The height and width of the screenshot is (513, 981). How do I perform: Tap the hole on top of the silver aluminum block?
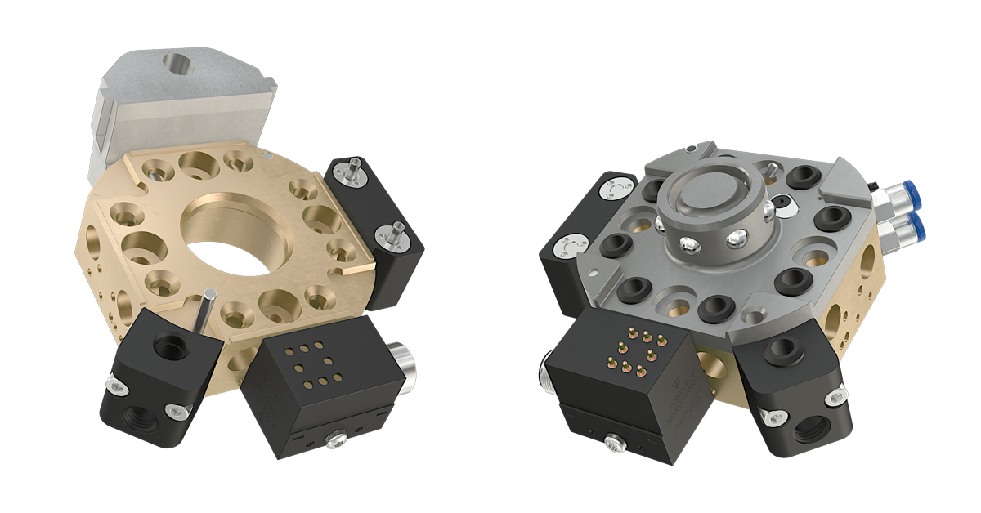click(175, 62)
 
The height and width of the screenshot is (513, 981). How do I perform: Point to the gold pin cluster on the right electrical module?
click(633, 350)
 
